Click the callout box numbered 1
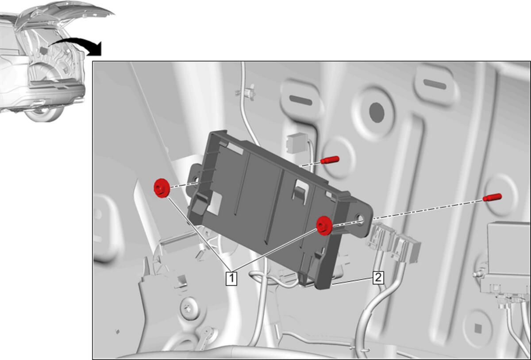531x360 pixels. tap(231, 278)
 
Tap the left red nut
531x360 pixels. tap(161, 188)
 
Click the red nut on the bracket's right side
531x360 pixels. tap(324, 226)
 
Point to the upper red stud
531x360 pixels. tap(330, 160)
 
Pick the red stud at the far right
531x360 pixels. tap(492, 197)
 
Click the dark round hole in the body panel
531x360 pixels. tap(377, 113)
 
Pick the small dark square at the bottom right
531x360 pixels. tap(478, 329)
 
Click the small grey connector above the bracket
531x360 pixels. tap(296, 143)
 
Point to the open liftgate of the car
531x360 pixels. tap(64, 14)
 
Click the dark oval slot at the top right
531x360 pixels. tap(435, 84)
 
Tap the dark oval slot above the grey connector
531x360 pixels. tap(301, 100)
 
